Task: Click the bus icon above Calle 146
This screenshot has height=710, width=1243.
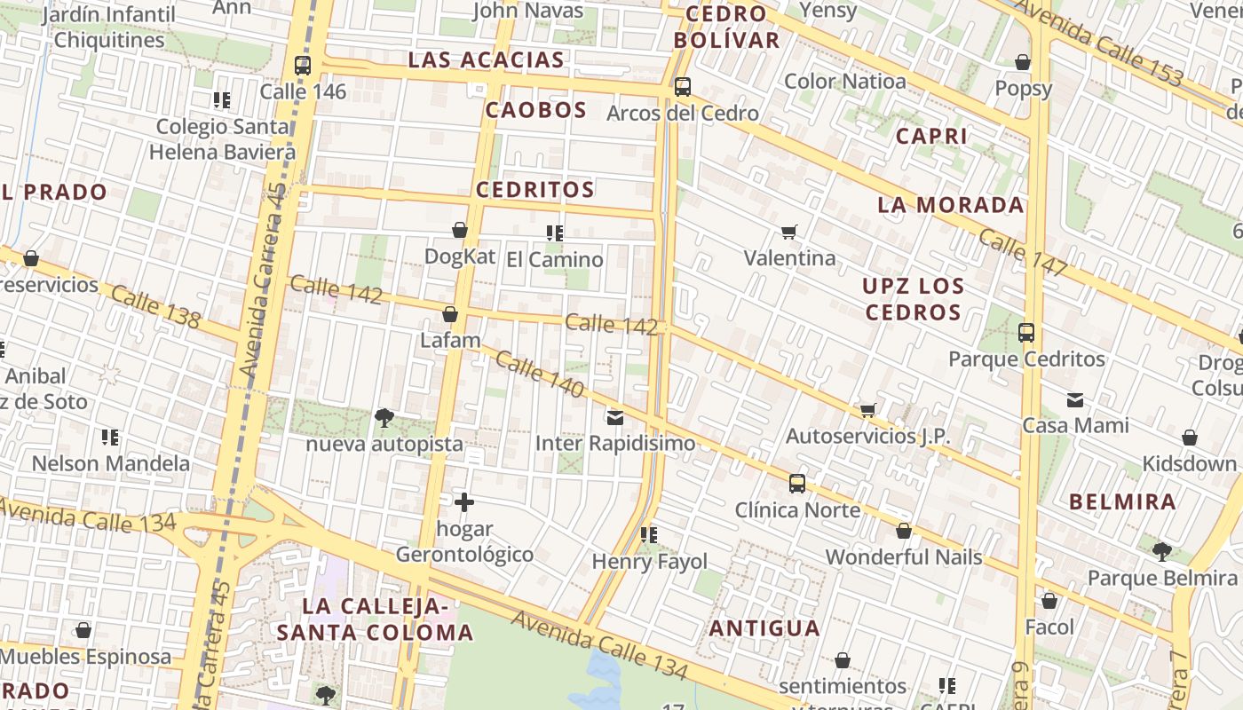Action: point(303,66)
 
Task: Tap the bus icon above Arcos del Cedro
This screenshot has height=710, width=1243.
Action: point(682,87)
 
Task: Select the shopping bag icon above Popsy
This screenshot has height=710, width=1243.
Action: point(1023,62)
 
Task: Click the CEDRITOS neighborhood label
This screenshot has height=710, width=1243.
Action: point(534,189)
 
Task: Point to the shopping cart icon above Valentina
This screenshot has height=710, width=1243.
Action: point(788,233)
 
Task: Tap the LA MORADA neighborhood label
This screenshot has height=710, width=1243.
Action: point(950,205)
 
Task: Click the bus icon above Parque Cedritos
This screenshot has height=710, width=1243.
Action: point(1026,333)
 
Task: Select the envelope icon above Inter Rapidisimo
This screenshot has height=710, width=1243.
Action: point(615,417)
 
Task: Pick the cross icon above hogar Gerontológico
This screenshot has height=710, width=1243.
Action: point(463,503)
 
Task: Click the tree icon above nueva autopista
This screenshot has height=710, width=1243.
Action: point(384,417)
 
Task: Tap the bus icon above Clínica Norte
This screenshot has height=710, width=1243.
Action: point(797,484)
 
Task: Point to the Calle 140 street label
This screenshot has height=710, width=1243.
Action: point(540,375)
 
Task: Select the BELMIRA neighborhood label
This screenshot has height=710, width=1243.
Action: point(1122,501)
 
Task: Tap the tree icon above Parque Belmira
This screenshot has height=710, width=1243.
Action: point(1161,552)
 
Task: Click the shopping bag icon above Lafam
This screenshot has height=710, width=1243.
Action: point(450,314)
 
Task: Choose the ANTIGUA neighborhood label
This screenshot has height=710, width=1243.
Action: point(764,628)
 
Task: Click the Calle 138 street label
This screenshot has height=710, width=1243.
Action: point(155,307)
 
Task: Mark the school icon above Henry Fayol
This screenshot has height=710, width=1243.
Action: point(649,535)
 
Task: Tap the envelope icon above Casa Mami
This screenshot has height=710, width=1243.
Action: point(1075,399)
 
